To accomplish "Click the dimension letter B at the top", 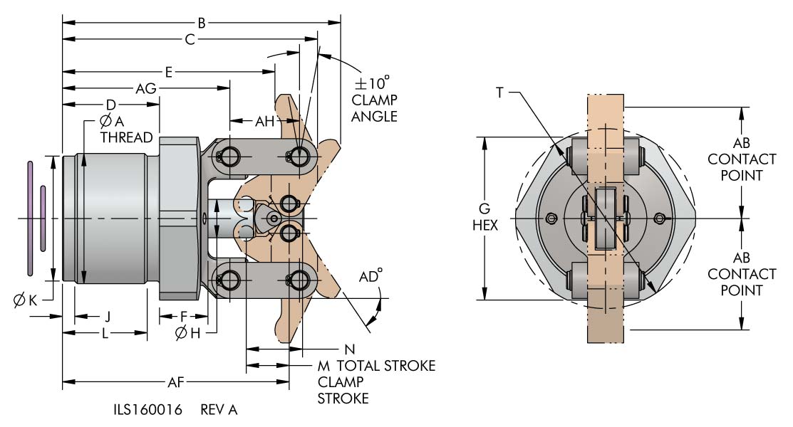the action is coord(202,23).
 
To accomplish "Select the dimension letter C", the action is coord(190,39).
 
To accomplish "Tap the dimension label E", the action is coord(168,73).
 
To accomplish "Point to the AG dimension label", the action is coord(146,88).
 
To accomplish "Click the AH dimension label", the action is coord(264,121).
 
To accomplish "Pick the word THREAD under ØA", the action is coord(126,137).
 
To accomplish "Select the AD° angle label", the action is coord(370,276).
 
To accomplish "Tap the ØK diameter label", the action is coord(25,300).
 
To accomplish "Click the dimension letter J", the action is coord(107,317).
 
